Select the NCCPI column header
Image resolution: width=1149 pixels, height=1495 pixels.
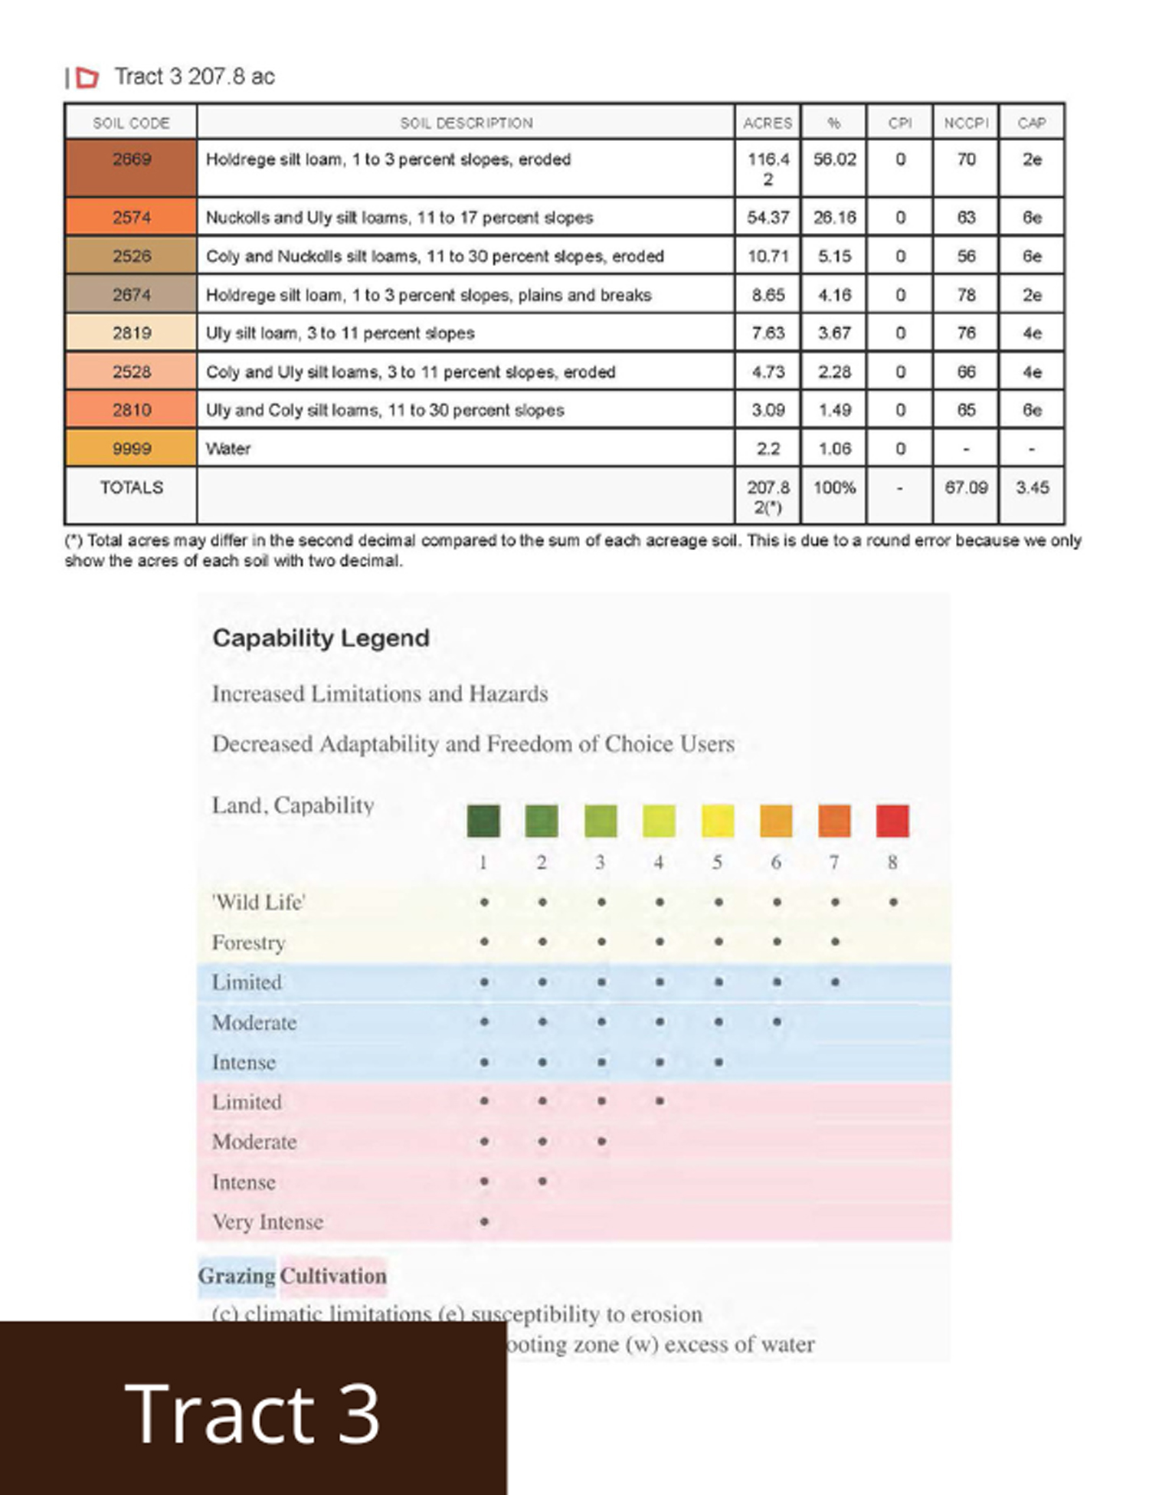[x=966, y=123]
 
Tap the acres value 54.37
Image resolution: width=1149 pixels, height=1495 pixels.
[x=768, y=218]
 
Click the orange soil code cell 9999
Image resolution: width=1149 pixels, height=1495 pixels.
[x=131, y=449]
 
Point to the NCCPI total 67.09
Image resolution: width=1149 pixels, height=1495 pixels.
[x=966, y=487]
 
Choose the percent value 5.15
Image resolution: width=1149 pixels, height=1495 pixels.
[x=834, y=256]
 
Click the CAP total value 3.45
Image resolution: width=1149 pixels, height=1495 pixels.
[x=1032, y=487]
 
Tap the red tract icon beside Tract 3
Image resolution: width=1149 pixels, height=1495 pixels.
[x=88, y=77]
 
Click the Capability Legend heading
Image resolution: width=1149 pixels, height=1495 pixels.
[x=320, y=638]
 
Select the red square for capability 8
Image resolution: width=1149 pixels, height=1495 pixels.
[x=892, y=821]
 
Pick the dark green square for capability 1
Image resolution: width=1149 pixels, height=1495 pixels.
[x=483, y=821]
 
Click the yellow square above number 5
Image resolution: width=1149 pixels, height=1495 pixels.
[x=718, y=821]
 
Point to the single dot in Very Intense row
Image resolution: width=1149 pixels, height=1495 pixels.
[x=484, y=1221]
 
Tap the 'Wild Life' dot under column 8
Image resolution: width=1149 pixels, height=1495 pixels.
[x=893, y=903]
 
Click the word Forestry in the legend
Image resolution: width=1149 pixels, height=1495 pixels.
[x=248, y=943]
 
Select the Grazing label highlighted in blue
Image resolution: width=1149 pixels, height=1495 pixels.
[x=237, y=1276]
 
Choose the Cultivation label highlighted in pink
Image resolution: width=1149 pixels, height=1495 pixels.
[x=333, y=1276]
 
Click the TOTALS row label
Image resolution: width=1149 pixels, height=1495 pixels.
[x=131, y=487]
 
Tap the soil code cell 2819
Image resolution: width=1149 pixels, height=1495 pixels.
[x=131, y=333]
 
